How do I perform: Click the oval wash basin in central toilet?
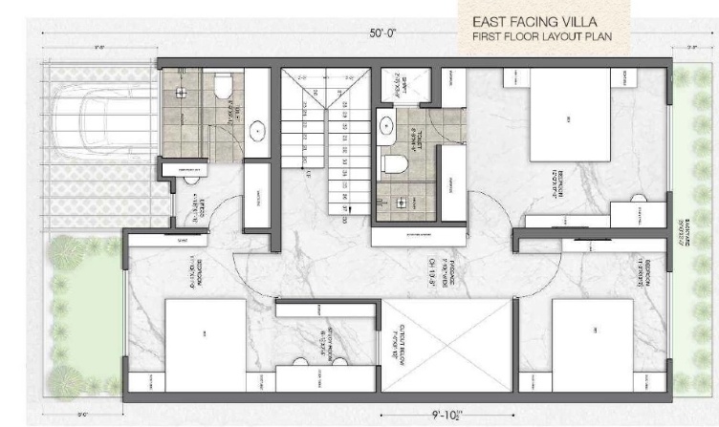385,123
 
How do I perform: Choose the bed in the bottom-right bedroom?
594,338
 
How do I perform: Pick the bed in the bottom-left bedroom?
206,338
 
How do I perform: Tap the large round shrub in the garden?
68,254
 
